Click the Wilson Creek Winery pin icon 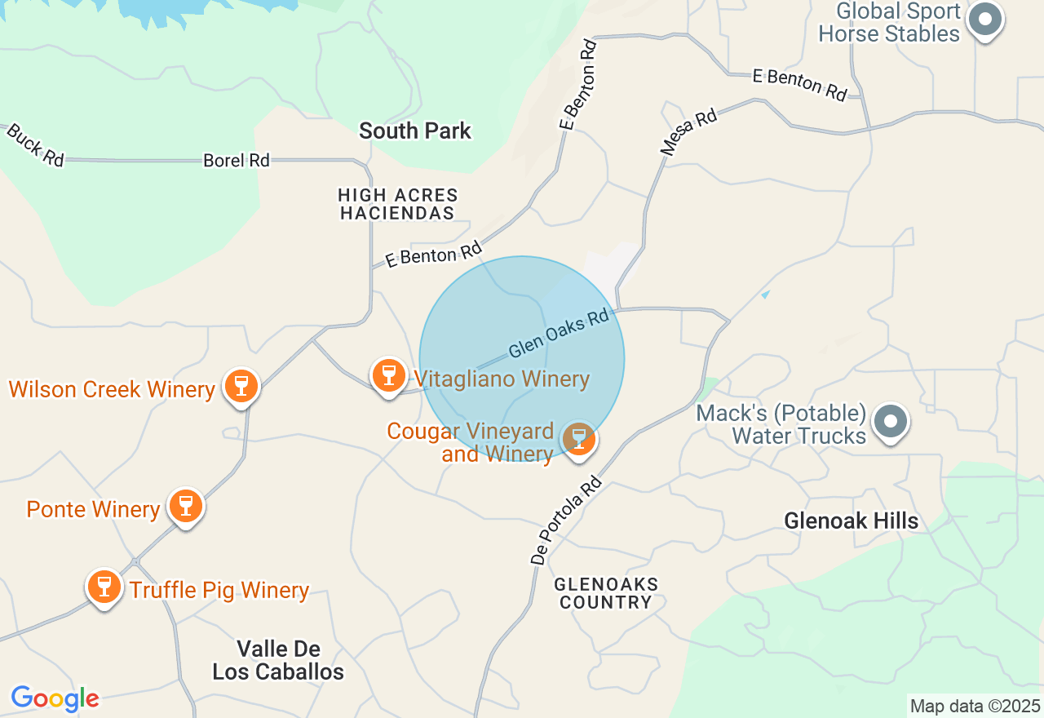point(241,385)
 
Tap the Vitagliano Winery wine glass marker point(389,375)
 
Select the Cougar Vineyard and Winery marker point(579,439)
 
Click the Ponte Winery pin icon point(186,506)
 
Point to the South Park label point(415,131)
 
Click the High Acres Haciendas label point(398,204)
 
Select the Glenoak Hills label point(851,521)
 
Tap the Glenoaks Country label point(605,593)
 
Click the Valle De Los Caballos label point(278,661)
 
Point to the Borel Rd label point(237,161)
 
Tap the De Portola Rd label point(565,521)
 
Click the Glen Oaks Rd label point(559,333)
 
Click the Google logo point(55,698)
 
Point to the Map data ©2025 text point(975,706)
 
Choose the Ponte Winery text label point(93,509)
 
